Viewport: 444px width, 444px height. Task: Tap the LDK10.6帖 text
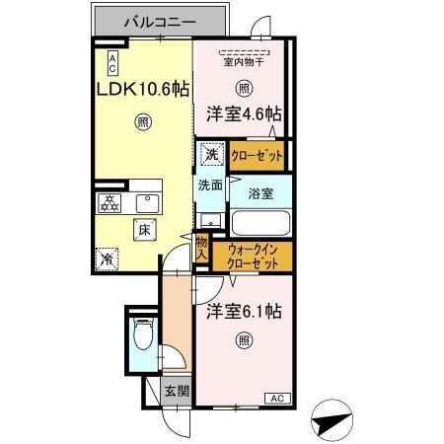[x=142, y=88]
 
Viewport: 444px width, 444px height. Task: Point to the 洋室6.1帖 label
[x=245, y=312]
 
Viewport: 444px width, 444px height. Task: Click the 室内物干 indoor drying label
[x=243, y=64]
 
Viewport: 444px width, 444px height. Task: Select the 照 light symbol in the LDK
[x=143, y=122]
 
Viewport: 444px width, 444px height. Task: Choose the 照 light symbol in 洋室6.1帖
[x=243, y=341]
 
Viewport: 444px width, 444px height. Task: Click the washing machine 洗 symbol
[x=211, y=154]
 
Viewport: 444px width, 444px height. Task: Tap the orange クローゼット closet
[x=257, y=155]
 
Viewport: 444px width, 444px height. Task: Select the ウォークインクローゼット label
[x=253, y=257]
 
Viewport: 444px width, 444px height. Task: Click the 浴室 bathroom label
[x=261, y=192]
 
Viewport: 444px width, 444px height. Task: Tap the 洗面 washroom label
[x=209, y=185]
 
